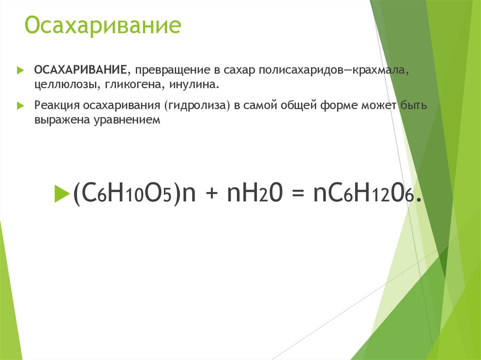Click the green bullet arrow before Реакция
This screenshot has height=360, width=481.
tap(20, 106)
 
